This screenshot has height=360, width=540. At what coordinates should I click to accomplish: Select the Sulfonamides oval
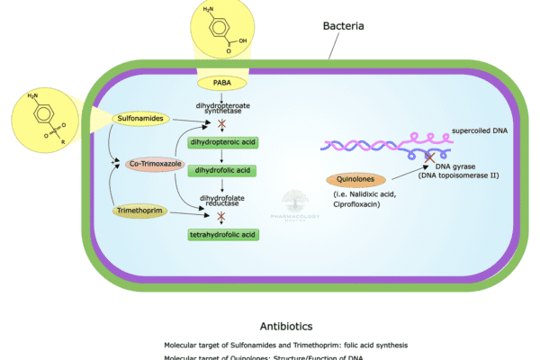(139, 118)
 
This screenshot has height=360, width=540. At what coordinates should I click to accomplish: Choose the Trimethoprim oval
(139, 211)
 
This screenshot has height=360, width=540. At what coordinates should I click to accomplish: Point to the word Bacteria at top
(343, 26)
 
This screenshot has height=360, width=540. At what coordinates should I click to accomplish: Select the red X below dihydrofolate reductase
(221, 216)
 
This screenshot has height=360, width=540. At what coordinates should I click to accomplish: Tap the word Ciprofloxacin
(370, 205)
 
